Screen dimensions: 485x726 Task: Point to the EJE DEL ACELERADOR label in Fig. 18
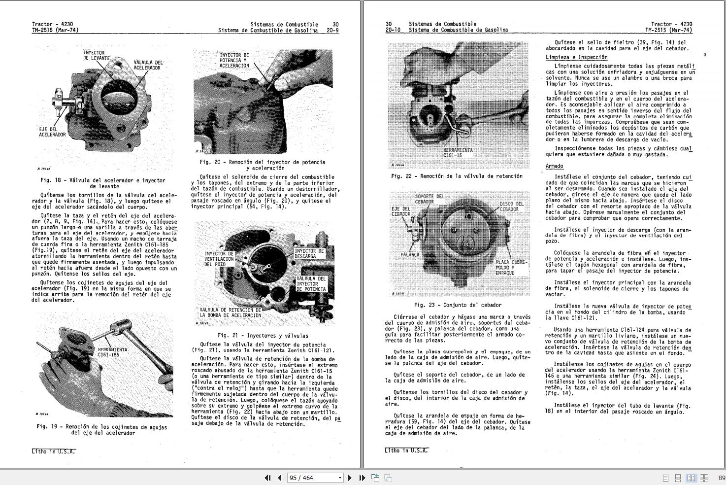click(52, 132)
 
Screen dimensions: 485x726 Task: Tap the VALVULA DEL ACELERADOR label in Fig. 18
click(148, 65)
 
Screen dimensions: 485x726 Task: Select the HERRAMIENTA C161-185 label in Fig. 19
click(112, 352)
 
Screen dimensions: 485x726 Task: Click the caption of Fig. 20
click(262, 165)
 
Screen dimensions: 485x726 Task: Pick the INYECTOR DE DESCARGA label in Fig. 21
click(309, 253)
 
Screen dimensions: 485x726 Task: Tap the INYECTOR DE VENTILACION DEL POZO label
click(219, 259)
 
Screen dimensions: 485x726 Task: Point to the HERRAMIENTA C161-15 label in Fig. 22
click(458, 152)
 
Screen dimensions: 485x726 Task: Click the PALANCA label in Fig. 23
click(410, 255)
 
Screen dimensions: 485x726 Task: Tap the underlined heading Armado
click(554, 166)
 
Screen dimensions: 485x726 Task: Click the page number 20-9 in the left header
click(332, 30)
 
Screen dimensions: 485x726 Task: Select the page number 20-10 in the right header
click(393, 30)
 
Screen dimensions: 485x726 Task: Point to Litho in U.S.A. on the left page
click(53, 451)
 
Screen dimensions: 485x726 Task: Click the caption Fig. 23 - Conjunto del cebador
click(458, 305)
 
